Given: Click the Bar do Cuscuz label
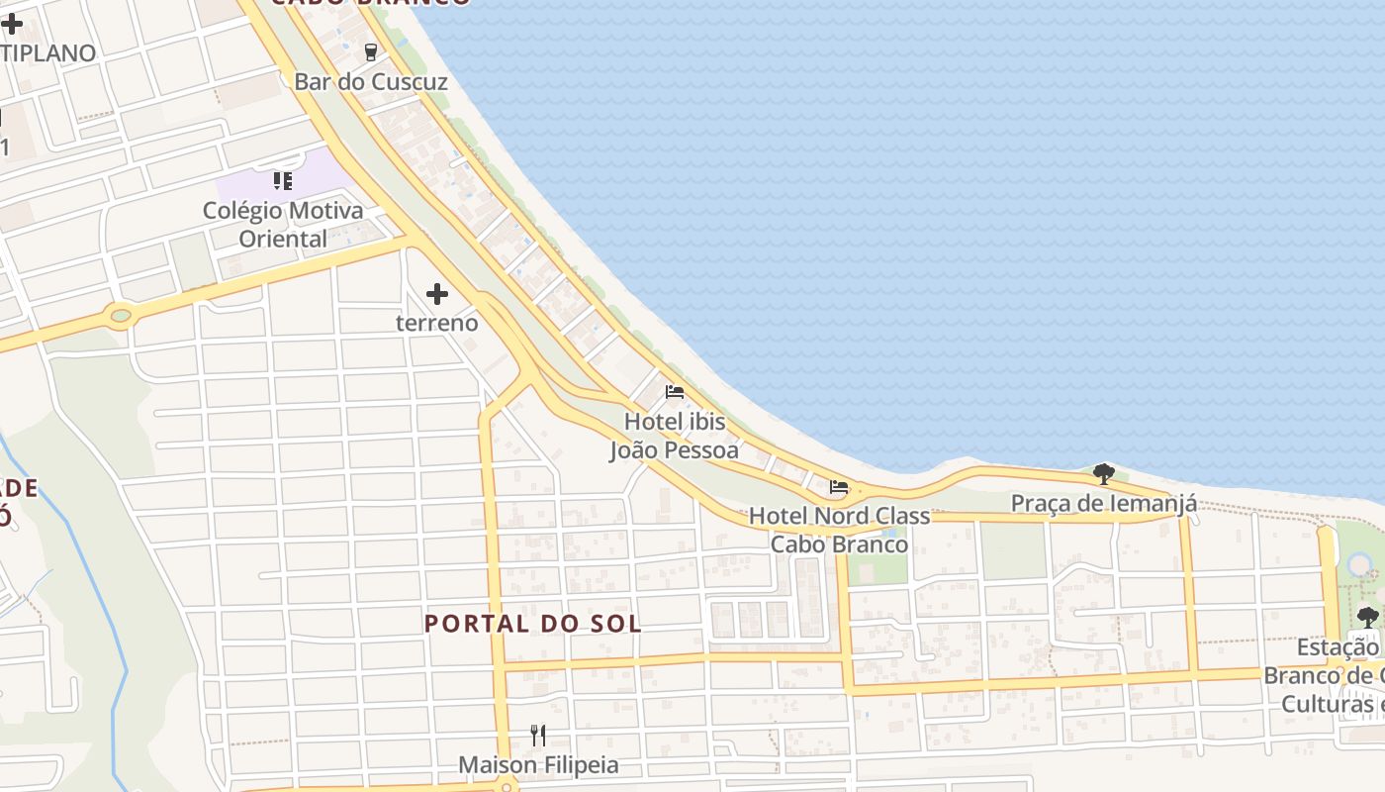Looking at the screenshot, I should pyautogui.click(x=371, y=82).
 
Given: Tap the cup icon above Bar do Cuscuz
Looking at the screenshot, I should pyautogui.click(x=371, y=51).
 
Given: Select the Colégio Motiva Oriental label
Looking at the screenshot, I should pyautogui.click(x=283, y=225).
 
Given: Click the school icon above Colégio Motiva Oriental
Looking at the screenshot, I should pyautogui.click(x=283, y=181).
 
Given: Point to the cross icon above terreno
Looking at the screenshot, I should pyautogui.click(x=437, y=293).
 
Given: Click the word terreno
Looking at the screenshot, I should pyautogui.click(x=437, y=323).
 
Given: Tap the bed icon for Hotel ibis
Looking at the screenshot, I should pyautogui.click(x=675, y=392).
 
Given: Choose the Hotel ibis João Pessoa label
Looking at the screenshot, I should pyautogui.click(x=674, y=437).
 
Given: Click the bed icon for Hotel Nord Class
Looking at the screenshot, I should pyautogui.click(x=839, y=486).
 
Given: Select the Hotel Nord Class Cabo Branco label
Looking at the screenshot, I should pyautogui.click(x=839, y=530).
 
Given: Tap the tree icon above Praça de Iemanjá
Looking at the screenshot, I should pyautogui.click(x=1104, y=473).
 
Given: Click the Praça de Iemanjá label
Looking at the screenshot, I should pyautogui.click(x=1103, y=504).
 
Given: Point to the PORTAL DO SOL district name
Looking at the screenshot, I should pyautogui.click(x=532, y=624).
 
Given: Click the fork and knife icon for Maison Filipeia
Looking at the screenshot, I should pyautogui.click(x=538, y=735).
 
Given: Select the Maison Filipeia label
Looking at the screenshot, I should pyautogui.click(x=538, y=765).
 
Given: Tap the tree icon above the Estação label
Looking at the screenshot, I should pyautogui.click(x=1368, y=617).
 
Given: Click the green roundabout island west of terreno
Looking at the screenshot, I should pyautogui.click(x=121, y=317).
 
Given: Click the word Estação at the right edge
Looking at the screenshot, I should pyautogui.click(x=1339, y=647).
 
